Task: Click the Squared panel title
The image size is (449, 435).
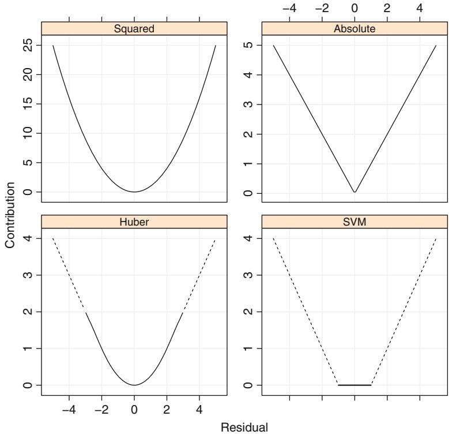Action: tap(134, 30)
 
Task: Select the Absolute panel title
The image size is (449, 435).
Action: tap(354, 30)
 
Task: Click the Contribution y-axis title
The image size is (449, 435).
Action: tap(10, 216)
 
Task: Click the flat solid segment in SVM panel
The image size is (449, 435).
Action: tap(354, 385)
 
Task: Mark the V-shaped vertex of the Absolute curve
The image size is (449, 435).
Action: tap(354, 192)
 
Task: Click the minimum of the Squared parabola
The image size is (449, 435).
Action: tap(134, 192)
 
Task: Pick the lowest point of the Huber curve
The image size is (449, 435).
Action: tap(134, 385)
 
